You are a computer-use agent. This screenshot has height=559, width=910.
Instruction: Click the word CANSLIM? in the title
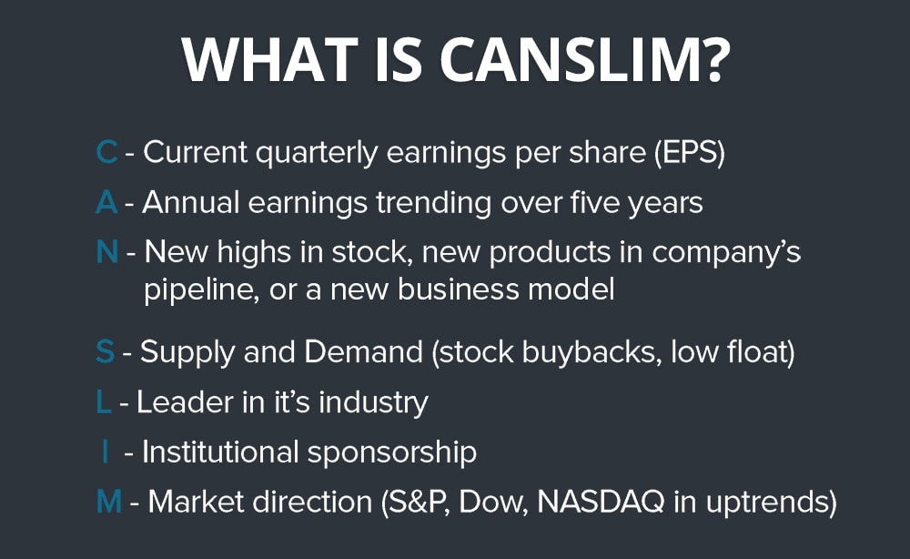[585, 59]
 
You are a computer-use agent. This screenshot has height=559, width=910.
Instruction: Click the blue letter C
[106, 153]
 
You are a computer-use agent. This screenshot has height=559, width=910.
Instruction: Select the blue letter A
[106, 202]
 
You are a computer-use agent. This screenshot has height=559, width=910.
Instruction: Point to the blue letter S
[105, 352]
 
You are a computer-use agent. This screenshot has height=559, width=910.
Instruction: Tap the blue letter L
[103, 401]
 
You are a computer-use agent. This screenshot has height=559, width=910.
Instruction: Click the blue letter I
[106, 452]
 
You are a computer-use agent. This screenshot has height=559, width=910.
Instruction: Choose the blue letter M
[108, 501]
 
